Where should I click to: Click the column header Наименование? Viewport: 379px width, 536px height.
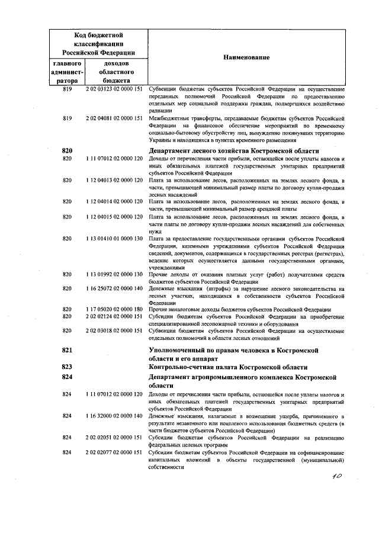click(246, 57)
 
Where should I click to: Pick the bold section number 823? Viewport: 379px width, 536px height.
click(67, 367)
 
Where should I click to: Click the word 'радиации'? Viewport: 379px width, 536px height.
click(160, 110)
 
